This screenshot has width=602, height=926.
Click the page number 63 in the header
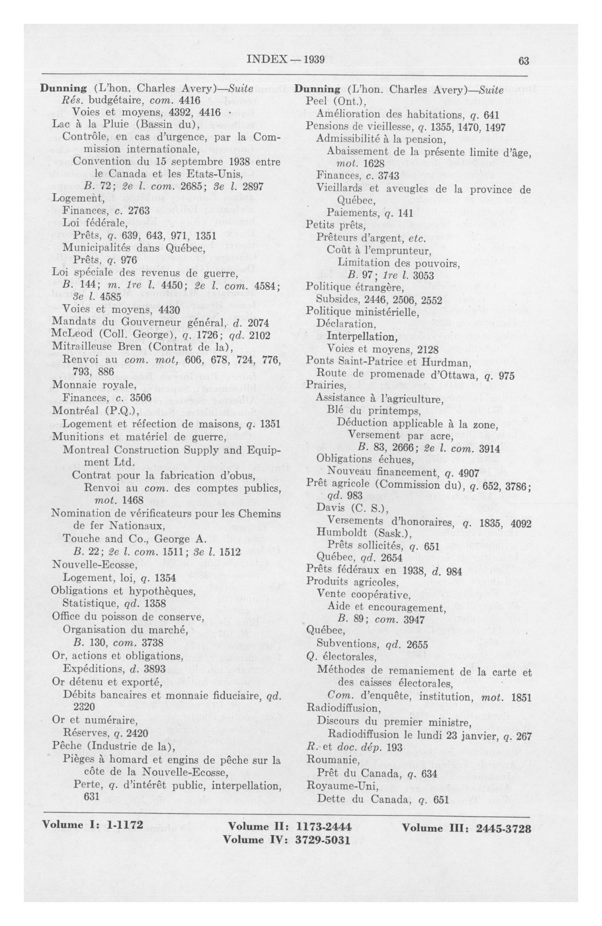click(523, 61)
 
